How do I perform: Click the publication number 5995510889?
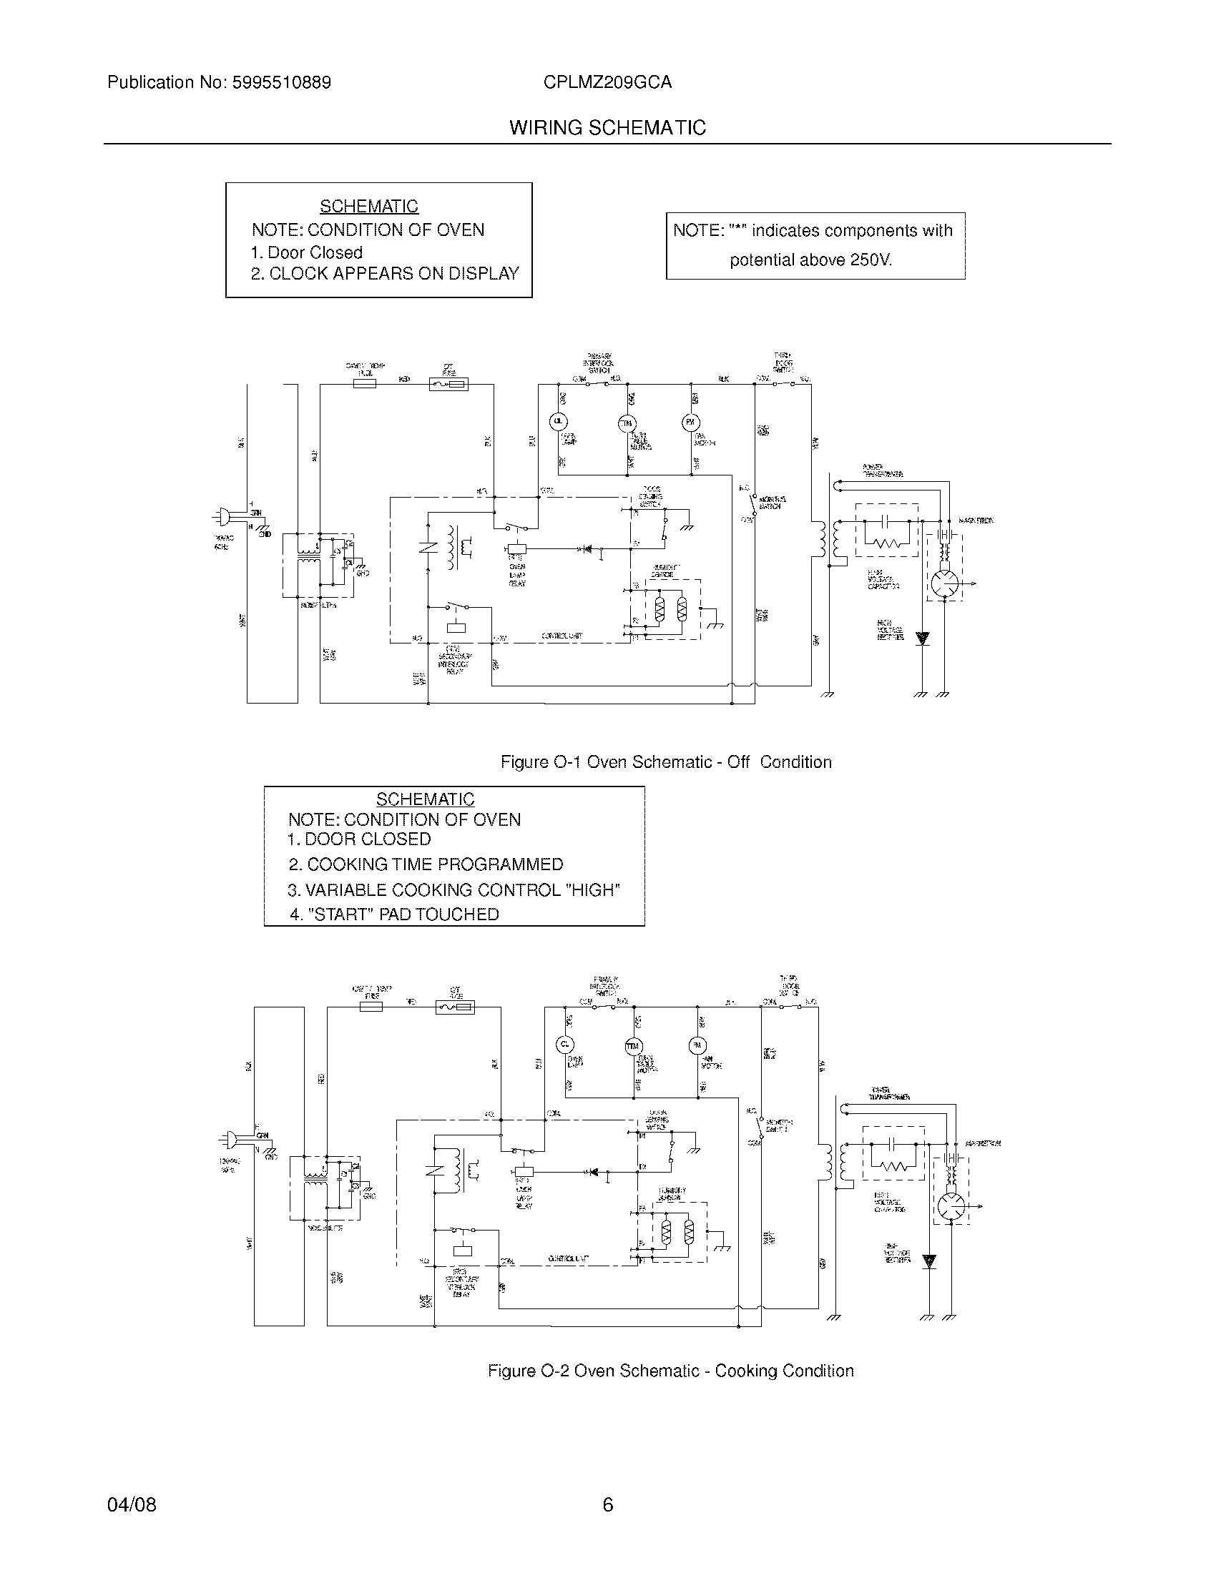(281, 83)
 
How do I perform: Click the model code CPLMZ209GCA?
(607, 83)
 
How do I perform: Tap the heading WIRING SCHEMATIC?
(607, 128)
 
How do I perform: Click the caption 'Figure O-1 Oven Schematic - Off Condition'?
(666, 762)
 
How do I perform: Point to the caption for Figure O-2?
(670, 1371)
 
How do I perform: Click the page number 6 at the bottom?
(607, 1504)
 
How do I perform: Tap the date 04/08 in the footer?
(132, 1504)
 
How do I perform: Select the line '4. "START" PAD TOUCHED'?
(394, 914)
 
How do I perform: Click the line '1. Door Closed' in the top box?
(306, 253)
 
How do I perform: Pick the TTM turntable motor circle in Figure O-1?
(627, 423)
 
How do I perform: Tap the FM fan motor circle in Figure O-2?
(697, 1045)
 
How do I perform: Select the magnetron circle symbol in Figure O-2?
(951, 1205)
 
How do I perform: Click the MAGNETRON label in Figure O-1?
(976, 521)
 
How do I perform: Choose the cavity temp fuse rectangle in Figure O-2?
(371, 1007)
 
